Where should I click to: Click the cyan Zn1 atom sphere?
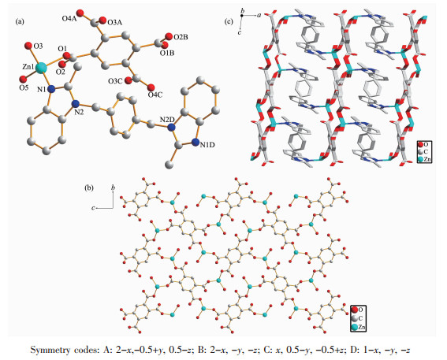[x=42, y=68]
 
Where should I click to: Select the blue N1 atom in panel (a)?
[x=51, y=89]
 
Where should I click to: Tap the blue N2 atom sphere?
[x=76, y=103]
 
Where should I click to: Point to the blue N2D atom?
[x=171, y=128]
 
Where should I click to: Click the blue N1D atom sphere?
[x=196, y=142]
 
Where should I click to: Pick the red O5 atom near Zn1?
[x=23, y=79]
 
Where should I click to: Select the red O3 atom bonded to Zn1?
[x=28, y=45]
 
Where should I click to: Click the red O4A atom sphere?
[x=80, y=13]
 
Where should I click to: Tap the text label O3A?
[x=114, y=23]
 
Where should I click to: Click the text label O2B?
[x=181, y=37]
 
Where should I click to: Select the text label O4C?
[x=155, y=95]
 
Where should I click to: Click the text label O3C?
[x=115, y=81]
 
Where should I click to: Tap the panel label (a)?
[x=20, y=22]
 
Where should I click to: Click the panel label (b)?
[x=89, y=188]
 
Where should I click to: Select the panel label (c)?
[x=229, y=22]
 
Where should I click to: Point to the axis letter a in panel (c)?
[x=259, y=16]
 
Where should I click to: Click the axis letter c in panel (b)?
[x=93, y=208]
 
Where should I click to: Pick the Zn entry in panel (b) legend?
[x=358, y=327]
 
